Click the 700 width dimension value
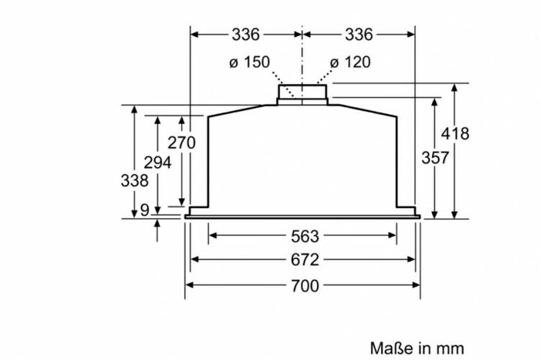tap(304, 286)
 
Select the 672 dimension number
tap(304, 260)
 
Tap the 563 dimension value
tap(304, 235)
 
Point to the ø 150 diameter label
tap(249, 62)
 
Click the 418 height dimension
tap(455, 133)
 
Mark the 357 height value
tap(434, 158)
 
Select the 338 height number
tap(134, 181)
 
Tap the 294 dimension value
tap(157, 162)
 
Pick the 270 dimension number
tap(181, 143)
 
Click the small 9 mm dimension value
tap(144, 210)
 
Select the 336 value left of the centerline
tap(246, 34)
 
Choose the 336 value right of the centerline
tap(359, 34)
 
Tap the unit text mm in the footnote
tap(451, 348)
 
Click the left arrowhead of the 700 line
tap(190, 285)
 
